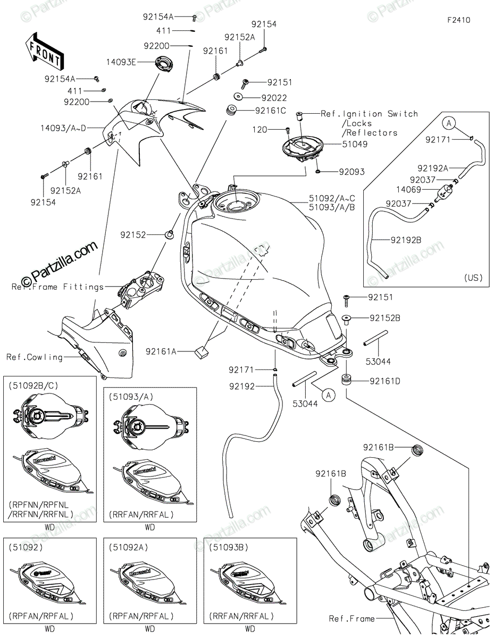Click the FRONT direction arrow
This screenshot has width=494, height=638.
45,52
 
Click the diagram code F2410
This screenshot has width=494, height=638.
459,20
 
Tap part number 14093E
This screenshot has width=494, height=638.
121,62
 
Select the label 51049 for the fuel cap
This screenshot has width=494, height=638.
355,144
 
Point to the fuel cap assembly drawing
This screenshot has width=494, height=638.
303,148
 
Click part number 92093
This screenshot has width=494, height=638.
351,172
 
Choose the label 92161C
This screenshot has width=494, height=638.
270,111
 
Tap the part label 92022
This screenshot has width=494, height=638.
274,98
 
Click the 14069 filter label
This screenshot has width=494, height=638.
408,190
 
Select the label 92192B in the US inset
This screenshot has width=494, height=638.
406,240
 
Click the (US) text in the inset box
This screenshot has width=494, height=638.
473,278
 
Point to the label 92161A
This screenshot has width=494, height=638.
161,351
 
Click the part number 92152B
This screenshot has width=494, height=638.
385,318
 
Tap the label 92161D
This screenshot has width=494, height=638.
385,381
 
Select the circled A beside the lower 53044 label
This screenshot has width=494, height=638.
329,395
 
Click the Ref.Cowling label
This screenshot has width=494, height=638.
35,357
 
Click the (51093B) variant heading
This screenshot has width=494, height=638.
229,548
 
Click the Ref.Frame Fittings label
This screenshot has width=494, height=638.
57,287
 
